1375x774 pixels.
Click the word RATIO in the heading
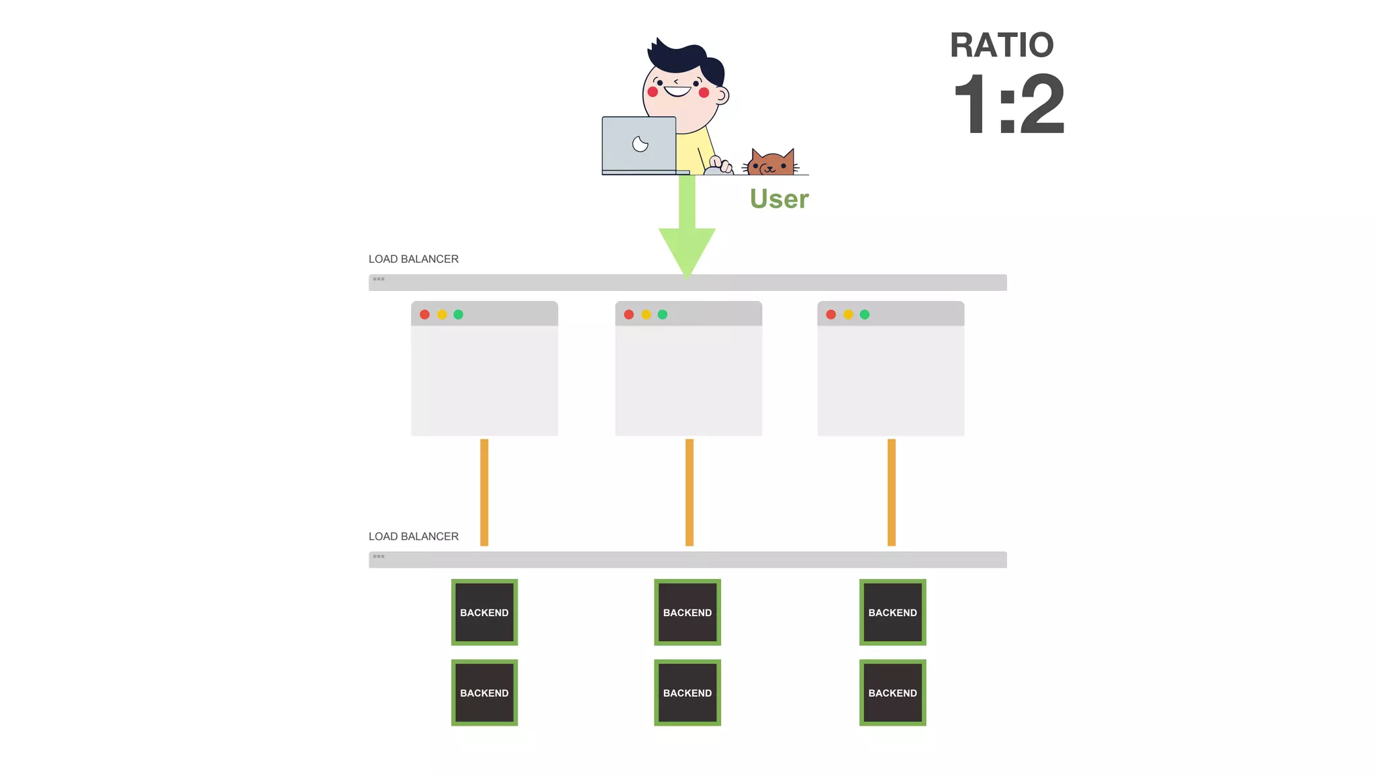tap(1001, 46)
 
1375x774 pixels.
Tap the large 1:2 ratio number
tap(1008, 105)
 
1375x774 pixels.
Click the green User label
tap(779, 199)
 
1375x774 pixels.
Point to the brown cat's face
tap(771, 164)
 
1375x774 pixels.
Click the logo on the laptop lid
tap(640, 144)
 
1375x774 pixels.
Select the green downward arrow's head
tap(687, 249)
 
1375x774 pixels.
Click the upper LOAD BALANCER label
tap(414, 259)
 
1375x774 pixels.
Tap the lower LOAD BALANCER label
tap(414, 537)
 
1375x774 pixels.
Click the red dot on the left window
tap(424, 314)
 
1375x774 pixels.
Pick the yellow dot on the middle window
tap(646, 314)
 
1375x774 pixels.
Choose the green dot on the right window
tap(865, 314)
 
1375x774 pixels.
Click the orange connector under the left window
tap(484, 492)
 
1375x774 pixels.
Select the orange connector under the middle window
tap(690, 492)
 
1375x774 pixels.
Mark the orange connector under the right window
tap(892, 492)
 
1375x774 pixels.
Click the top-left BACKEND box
tap(484, 612)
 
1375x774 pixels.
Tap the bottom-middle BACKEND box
tap(687, 693)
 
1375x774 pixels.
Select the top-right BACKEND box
tap(892, 612)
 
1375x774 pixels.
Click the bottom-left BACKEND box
tap(484, 693)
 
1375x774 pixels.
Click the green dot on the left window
tap(459, 314)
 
